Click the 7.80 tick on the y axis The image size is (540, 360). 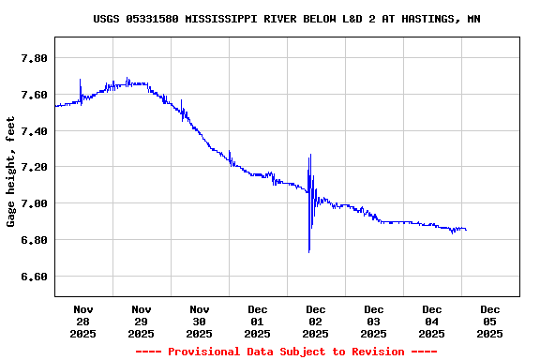(34, 58)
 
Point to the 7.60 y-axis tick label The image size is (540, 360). (34, 95)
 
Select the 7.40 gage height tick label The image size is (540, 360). (34, 131)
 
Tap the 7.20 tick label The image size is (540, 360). (34, 167)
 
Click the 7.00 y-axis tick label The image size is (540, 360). (34, 203)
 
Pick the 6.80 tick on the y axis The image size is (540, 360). (34, 240)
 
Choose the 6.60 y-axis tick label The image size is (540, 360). (34, 277)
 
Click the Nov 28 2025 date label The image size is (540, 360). (83, 321)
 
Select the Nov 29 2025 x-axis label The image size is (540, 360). (142, 321)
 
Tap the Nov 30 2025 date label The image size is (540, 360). (200, 321)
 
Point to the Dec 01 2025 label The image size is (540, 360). (258, 321)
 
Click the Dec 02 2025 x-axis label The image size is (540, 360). (316, 321)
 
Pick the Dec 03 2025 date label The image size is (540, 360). (374, 321)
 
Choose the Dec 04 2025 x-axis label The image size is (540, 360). (432, 321)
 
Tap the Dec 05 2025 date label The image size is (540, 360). (490, 321)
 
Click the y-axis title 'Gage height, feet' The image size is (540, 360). (11, 172)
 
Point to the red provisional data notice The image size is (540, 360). (286, 352)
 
